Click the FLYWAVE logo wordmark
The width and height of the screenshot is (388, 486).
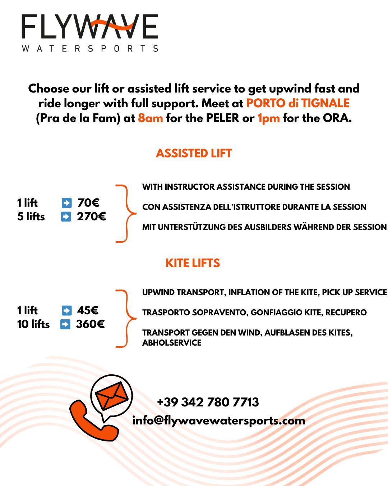(90, 27)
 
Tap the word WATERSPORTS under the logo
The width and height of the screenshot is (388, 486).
(90, 48)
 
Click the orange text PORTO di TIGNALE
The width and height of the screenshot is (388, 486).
(297, 103)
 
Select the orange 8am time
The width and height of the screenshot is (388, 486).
(150, 118)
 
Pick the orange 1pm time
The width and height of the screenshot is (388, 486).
(268, 118)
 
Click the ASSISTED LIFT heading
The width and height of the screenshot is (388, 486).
(194, 153)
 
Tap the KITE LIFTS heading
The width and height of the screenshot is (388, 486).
(193, 263)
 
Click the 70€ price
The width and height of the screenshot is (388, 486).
(88, 203)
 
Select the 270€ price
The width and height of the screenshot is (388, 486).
(91, 217)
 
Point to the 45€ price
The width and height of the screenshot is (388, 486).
(88, 310)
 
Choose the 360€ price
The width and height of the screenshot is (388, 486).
(90, 324)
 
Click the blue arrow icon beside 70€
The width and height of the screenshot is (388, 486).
(66, 203)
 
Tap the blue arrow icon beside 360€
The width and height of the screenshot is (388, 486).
(65, 324)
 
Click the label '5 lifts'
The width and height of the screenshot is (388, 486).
(31, 217)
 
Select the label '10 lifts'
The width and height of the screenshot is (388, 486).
(33, 324)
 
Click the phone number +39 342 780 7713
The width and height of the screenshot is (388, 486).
(208, 402)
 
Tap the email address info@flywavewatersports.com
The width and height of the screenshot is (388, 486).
(218, 420)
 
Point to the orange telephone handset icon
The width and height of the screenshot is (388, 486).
(92, 421)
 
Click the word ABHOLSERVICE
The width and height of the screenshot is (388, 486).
(172, 343)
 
